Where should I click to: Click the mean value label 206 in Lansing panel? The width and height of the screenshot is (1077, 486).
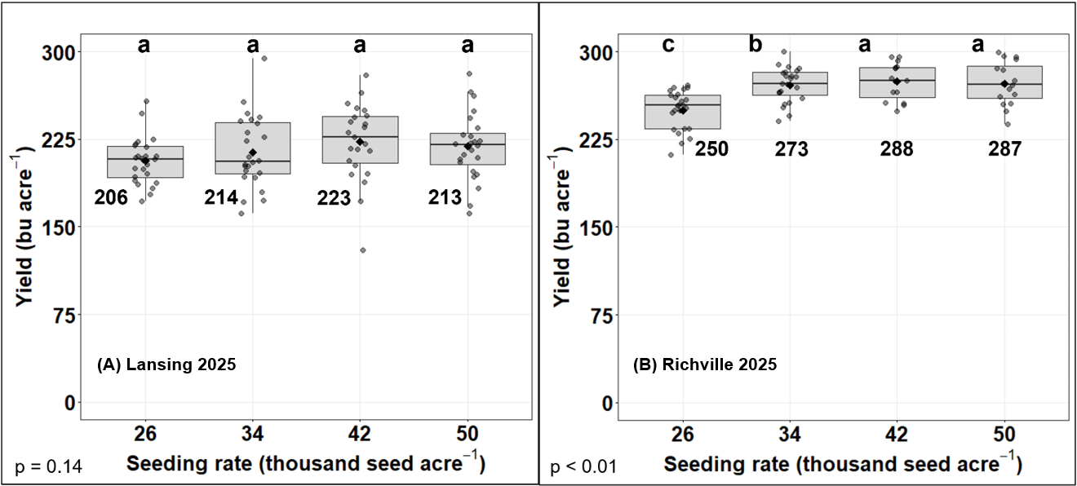click(111, 197)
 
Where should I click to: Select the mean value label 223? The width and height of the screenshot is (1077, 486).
click(334, 197)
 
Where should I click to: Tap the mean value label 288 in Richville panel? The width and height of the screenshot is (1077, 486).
click(896, 149)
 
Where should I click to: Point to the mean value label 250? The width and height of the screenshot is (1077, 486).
click(711, 149)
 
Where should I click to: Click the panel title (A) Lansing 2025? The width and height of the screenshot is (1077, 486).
click(166, 364)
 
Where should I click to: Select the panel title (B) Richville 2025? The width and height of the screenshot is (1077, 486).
click(705, 364)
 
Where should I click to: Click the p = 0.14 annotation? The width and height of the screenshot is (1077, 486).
click(48, 467)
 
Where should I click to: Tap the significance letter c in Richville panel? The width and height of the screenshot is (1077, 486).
click(668, 45)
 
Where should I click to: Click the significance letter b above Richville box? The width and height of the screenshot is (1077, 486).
click(756, 45)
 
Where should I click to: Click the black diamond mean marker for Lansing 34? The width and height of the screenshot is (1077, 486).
click(253, 152)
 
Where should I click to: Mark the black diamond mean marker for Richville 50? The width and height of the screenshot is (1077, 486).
click(1004, 84)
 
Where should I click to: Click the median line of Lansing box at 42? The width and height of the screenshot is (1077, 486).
click(360, 137)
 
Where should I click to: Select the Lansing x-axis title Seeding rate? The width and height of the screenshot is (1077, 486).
click(306, 465)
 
